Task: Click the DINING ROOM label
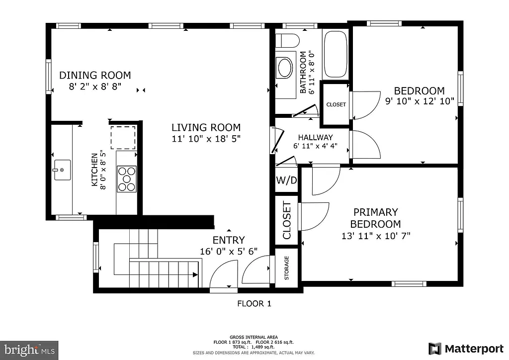(95, 76)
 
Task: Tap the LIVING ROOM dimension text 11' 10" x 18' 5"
(206, 139)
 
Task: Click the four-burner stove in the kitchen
(126, 179)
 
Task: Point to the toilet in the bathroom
(286, 39)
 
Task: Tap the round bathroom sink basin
(285, 68)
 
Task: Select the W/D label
(286, 180)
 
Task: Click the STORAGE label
(287, 268)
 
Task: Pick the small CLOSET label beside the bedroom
(336, 105)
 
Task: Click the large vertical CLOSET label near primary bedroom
(287, 220)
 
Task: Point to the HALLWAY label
(315, 137)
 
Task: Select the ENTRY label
(228, 240)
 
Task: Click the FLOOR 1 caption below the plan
(254, 304)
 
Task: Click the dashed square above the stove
(123, 138)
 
